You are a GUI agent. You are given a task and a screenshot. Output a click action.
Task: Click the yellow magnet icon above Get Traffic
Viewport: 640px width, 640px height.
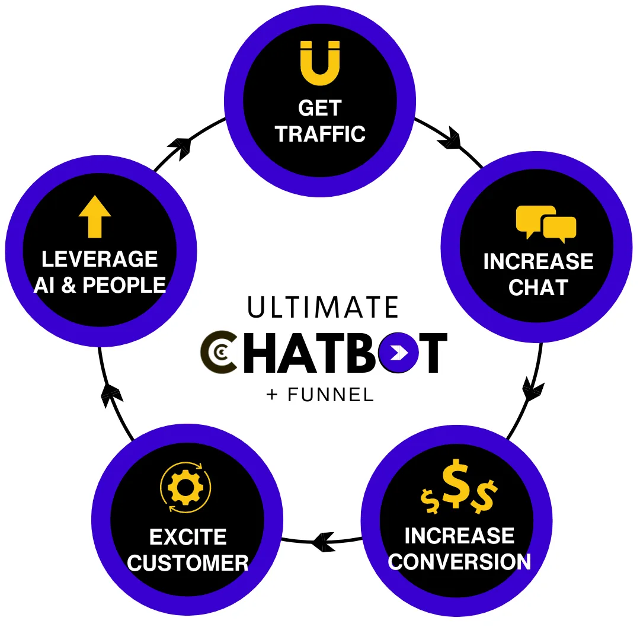tap(320, 63)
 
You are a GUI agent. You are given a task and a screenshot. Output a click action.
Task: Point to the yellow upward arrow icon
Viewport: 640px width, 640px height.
tap(95, 216)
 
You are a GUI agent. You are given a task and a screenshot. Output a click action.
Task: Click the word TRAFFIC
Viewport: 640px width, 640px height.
tap(320, 134)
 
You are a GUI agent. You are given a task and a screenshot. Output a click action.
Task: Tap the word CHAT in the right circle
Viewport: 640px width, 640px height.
tap(538, 287)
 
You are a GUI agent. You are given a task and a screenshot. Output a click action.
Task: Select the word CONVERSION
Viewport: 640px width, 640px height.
tap(459, 561)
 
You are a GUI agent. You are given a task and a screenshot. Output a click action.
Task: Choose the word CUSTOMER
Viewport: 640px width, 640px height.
tap(188, 563)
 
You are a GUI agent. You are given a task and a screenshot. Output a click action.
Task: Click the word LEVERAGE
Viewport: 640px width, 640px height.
tap(100, 259)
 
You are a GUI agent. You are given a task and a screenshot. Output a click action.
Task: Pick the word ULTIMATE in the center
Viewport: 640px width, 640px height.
tap(323, 306)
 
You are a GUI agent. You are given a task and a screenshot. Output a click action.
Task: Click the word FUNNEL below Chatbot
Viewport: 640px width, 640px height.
tap(331, 395)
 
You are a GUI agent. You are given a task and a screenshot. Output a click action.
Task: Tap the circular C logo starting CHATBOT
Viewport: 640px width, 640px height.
tap(219, 353)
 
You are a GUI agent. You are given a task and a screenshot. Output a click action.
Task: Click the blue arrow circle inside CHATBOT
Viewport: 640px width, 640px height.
tap(398, 353)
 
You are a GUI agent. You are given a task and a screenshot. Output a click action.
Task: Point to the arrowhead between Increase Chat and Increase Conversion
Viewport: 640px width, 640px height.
tap(532, 389)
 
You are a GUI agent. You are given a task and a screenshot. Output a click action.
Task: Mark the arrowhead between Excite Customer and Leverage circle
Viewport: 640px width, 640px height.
tap(111, 395)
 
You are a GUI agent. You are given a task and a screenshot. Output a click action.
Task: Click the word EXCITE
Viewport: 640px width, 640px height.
tap(188, 537)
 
